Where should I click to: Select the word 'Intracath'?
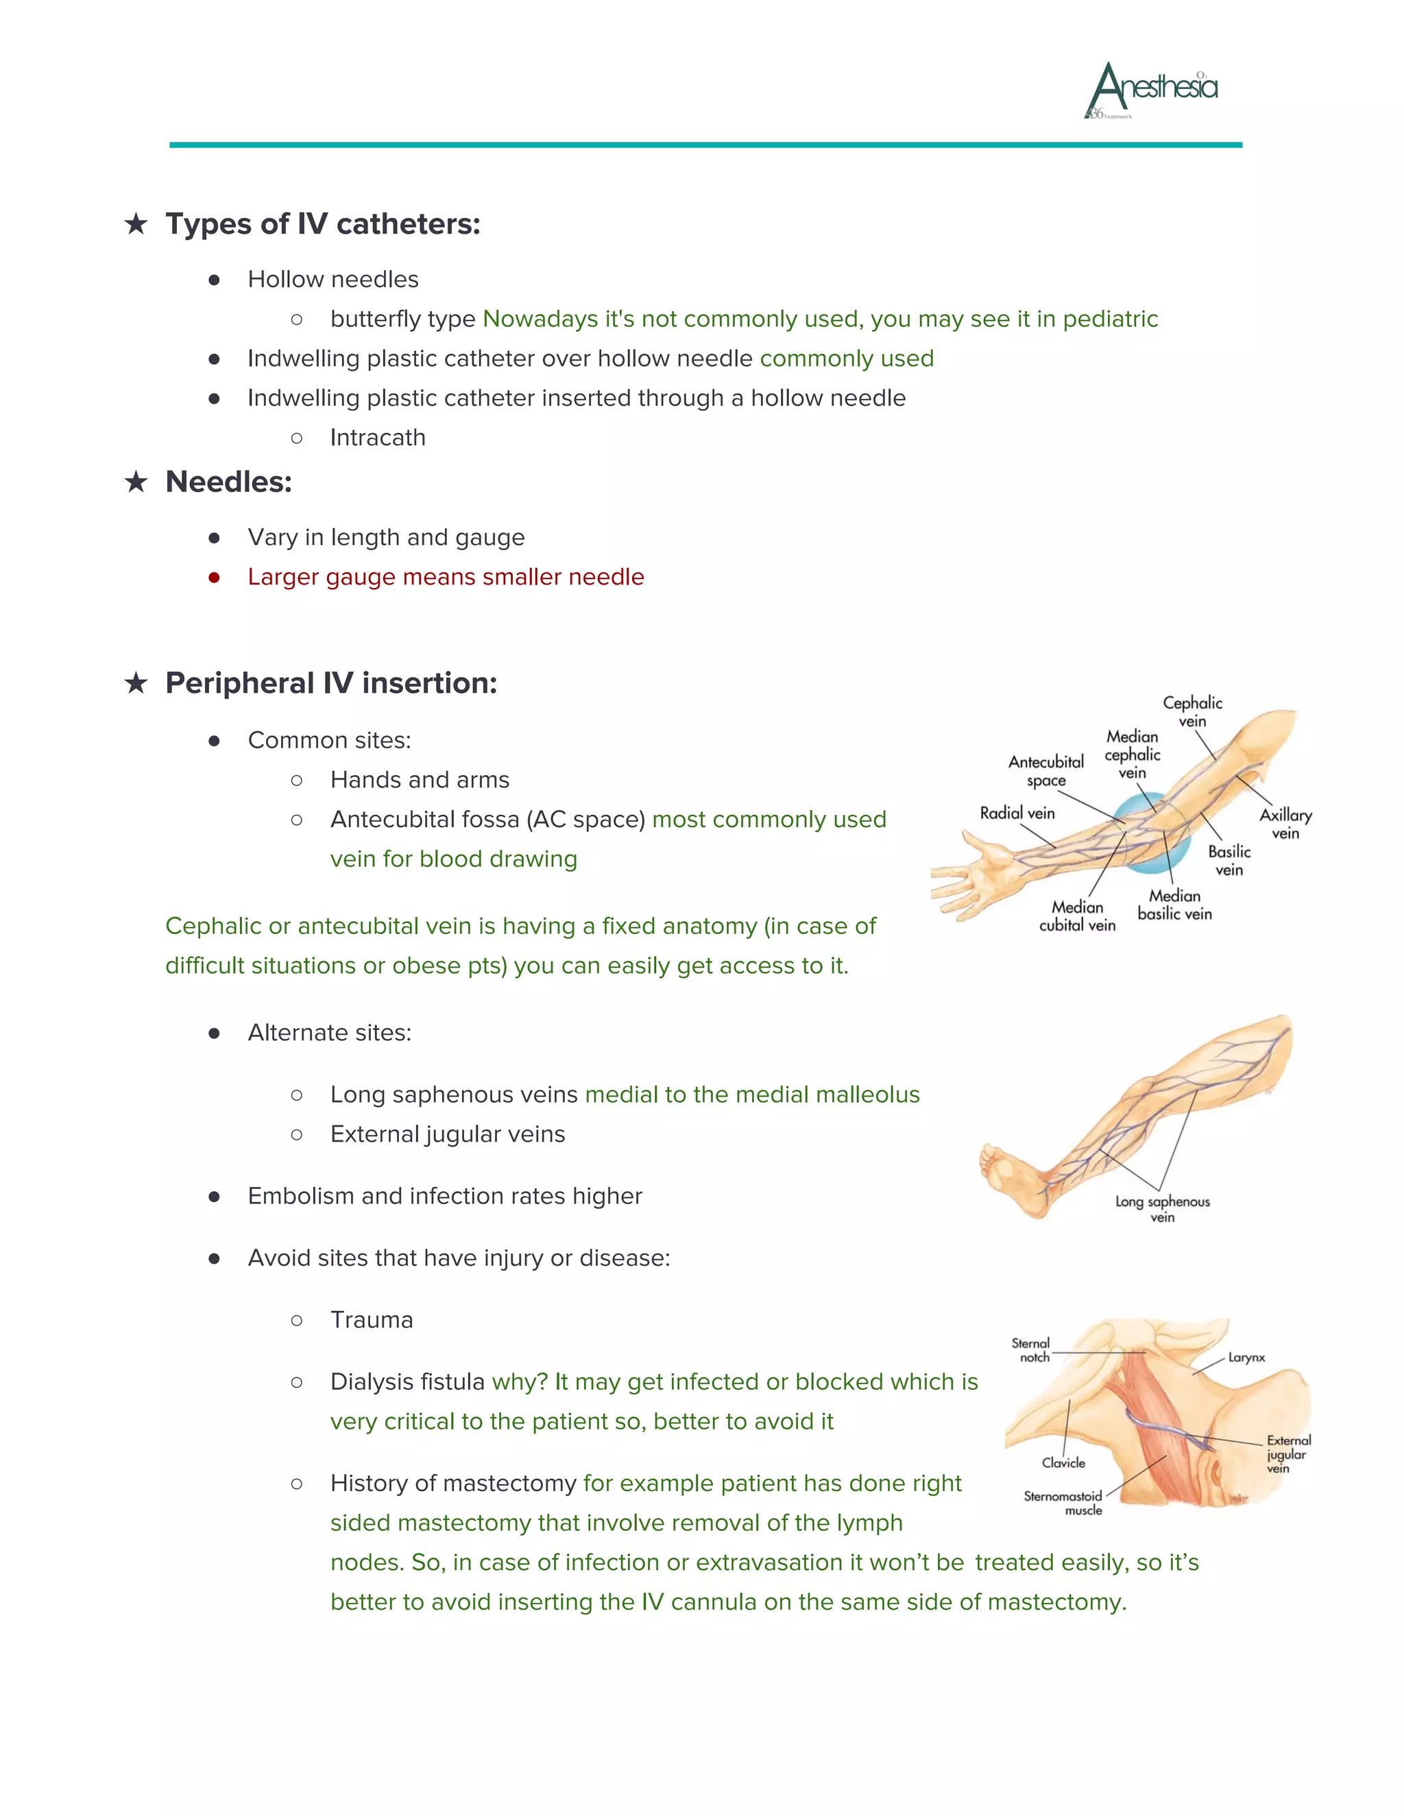pos(378,437)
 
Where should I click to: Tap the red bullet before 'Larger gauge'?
pos(214,577)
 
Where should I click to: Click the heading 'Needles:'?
pos(229,482)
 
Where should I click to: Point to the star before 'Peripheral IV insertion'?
pos(136,683)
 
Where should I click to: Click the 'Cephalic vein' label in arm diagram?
pos(1192,712)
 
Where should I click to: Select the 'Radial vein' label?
pos(1017,813)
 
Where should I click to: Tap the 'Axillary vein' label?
pos(1285,823)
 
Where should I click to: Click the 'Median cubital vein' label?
pos(1077,916)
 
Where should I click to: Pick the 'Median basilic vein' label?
pos(1174,905)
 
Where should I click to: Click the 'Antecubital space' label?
pos(1045,771)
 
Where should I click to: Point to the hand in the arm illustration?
pos(965,883)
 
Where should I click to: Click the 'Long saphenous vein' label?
pos(1162,1209)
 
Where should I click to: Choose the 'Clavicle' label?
pos(1063,1462)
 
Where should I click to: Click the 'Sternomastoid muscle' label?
pos(1063,1503)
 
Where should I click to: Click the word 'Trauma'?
pos(371,1321)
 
